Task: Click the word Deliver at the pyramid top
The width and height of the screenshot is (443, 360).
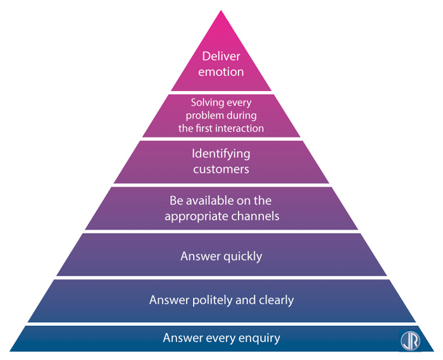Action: click(x=221, y=57)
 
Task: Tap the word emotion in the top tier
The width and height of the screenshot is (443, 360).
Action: click(x=221, y=71)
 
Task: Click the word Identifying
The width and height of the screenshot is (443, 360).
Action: click(x=221, y=154)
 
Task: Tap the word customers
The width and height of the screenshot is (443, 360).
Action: click(x=221, y=169)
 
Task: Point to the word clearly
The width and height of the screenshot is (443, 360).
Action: click(x=275, y=300)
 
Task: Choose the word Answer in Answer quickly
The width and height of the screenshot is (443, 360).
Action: click(x=199, y=256)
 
